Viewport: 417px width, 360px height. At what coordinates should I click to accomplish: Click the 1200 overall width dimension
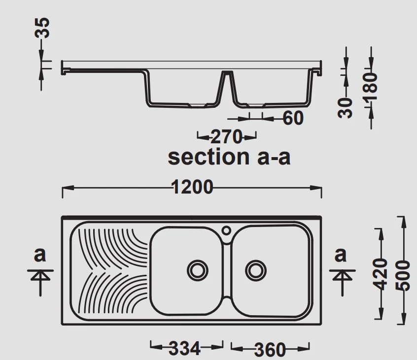[193, 187]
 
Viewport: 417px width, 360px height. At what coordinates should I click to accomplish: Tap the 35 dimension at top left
[42, 28]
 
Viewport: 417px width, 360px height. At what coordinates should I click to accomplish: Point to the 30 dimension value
[345, 107]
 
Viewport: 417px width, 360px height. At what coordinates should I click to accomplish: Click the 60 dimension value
[293, 118]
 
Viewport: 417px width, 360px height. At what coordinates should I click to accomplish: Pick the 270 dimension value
[226, 137]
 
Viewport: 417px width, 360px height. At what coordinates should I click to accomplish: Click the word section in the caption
[208, 157]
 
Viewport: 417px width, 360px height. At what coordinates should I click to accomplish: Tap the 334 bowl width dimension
[184, 348]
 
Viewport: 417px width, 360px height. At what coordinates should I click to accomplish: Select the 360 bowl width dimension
[270, 349]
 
